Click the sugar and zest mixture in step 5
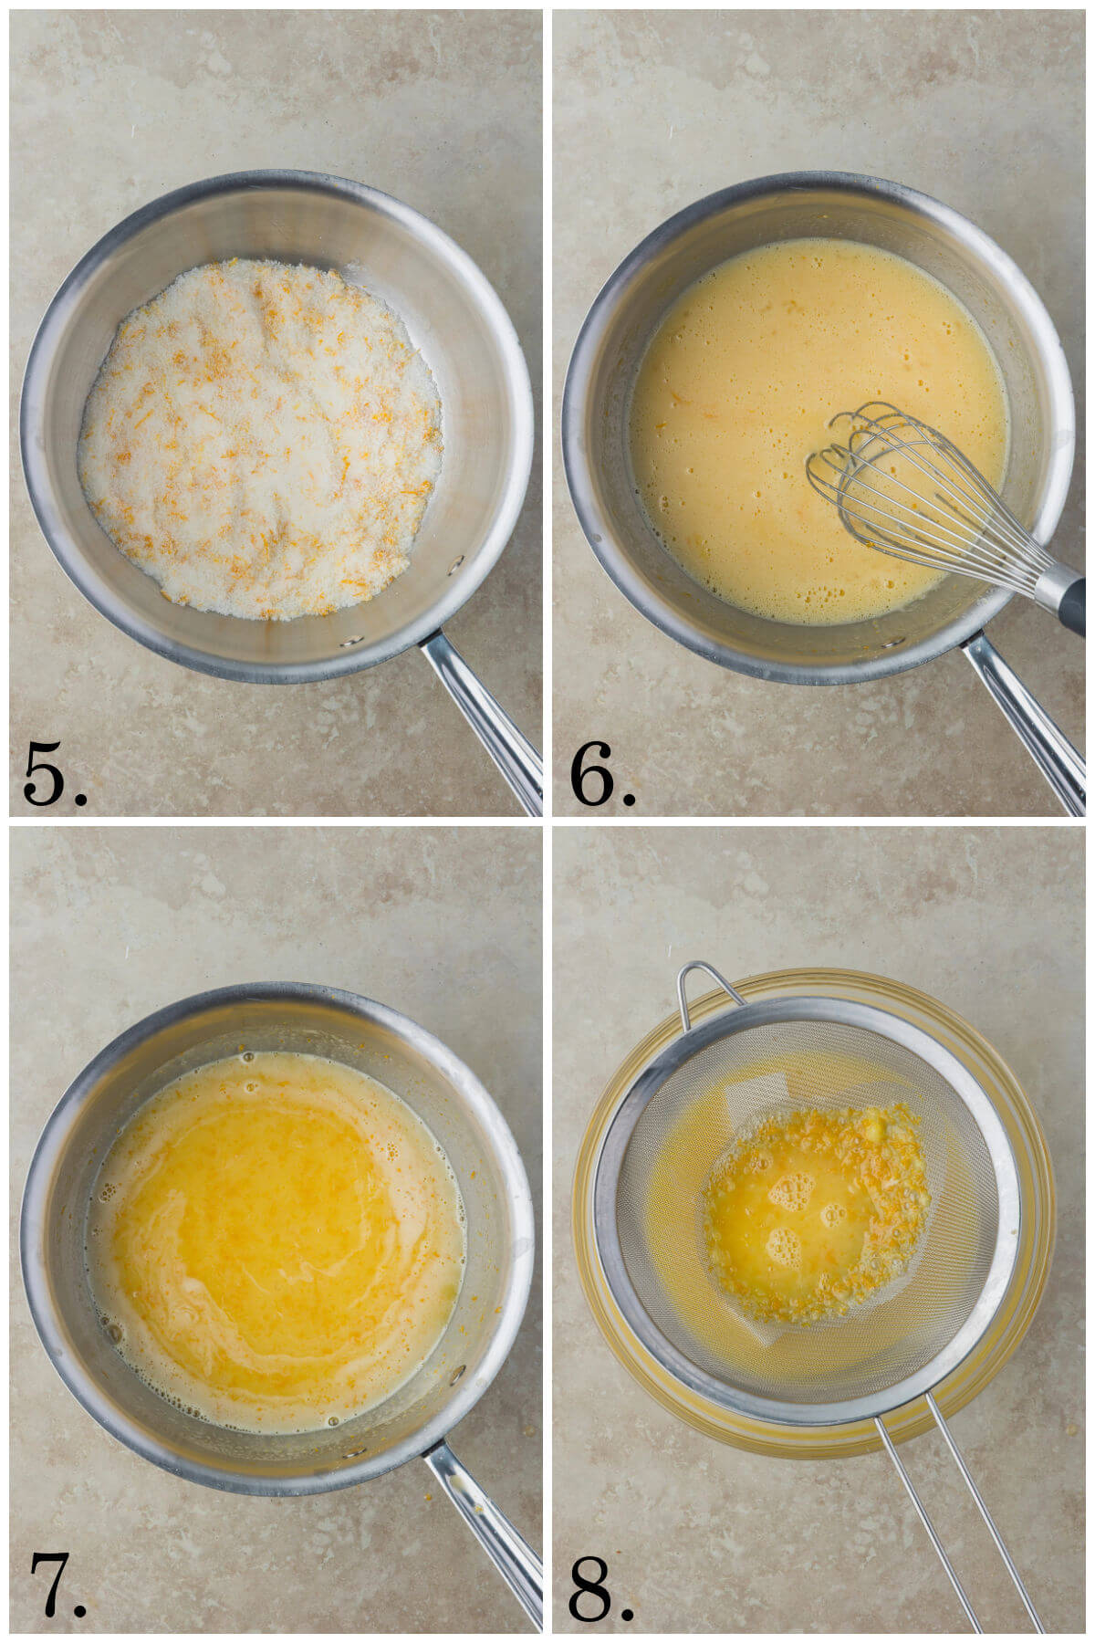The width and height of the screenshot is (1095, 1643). pos(260,438)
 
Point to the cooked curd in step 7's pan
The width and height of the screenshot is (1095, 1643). pos(274,1232)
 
